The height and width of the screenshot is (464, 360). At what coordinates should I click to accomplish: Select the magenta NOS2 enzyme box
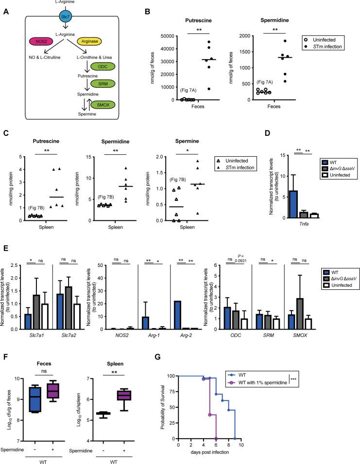click(37, 43)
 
